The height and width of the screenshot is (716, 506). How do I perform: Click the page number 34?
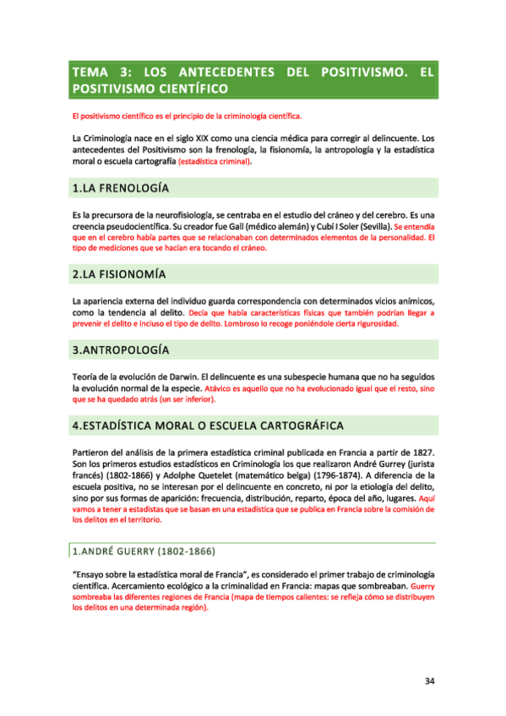[x=429, y=682]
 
